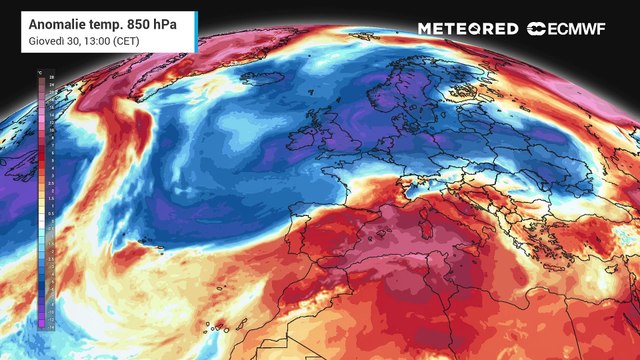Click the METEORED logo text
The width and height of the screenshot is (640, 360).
coord(468,29)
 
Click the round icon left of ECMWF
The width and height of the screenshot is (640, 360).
coord(536,29)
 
